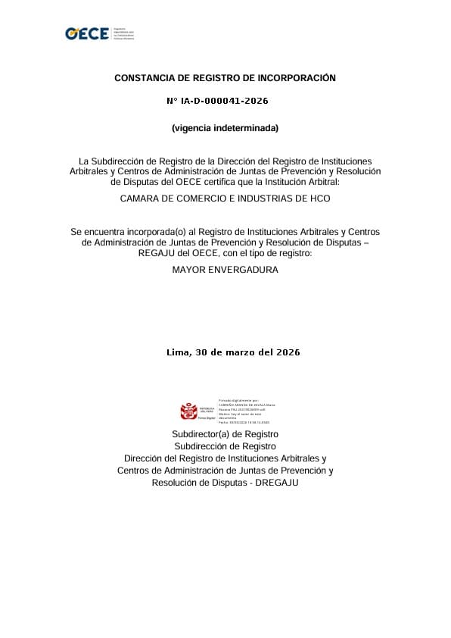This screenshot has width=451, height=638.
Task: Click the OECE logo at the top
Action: [87, 34]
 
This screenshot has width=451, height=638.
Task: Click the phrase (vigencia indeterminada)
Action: [225, 128]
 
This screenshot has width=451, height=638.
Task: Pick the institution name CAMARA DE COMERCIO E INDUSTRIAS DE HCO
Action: [225, 199]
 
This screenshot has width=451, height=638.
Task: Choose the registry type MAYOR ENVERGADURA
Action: [225, 270]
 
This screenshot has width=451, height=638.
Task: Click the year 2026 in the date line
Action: [288, 352]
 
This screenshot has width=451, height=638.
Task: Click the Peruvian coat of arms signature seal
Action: [189, 411]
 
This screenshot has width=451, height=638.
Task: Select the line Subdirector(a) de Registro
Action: [225, 434]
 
